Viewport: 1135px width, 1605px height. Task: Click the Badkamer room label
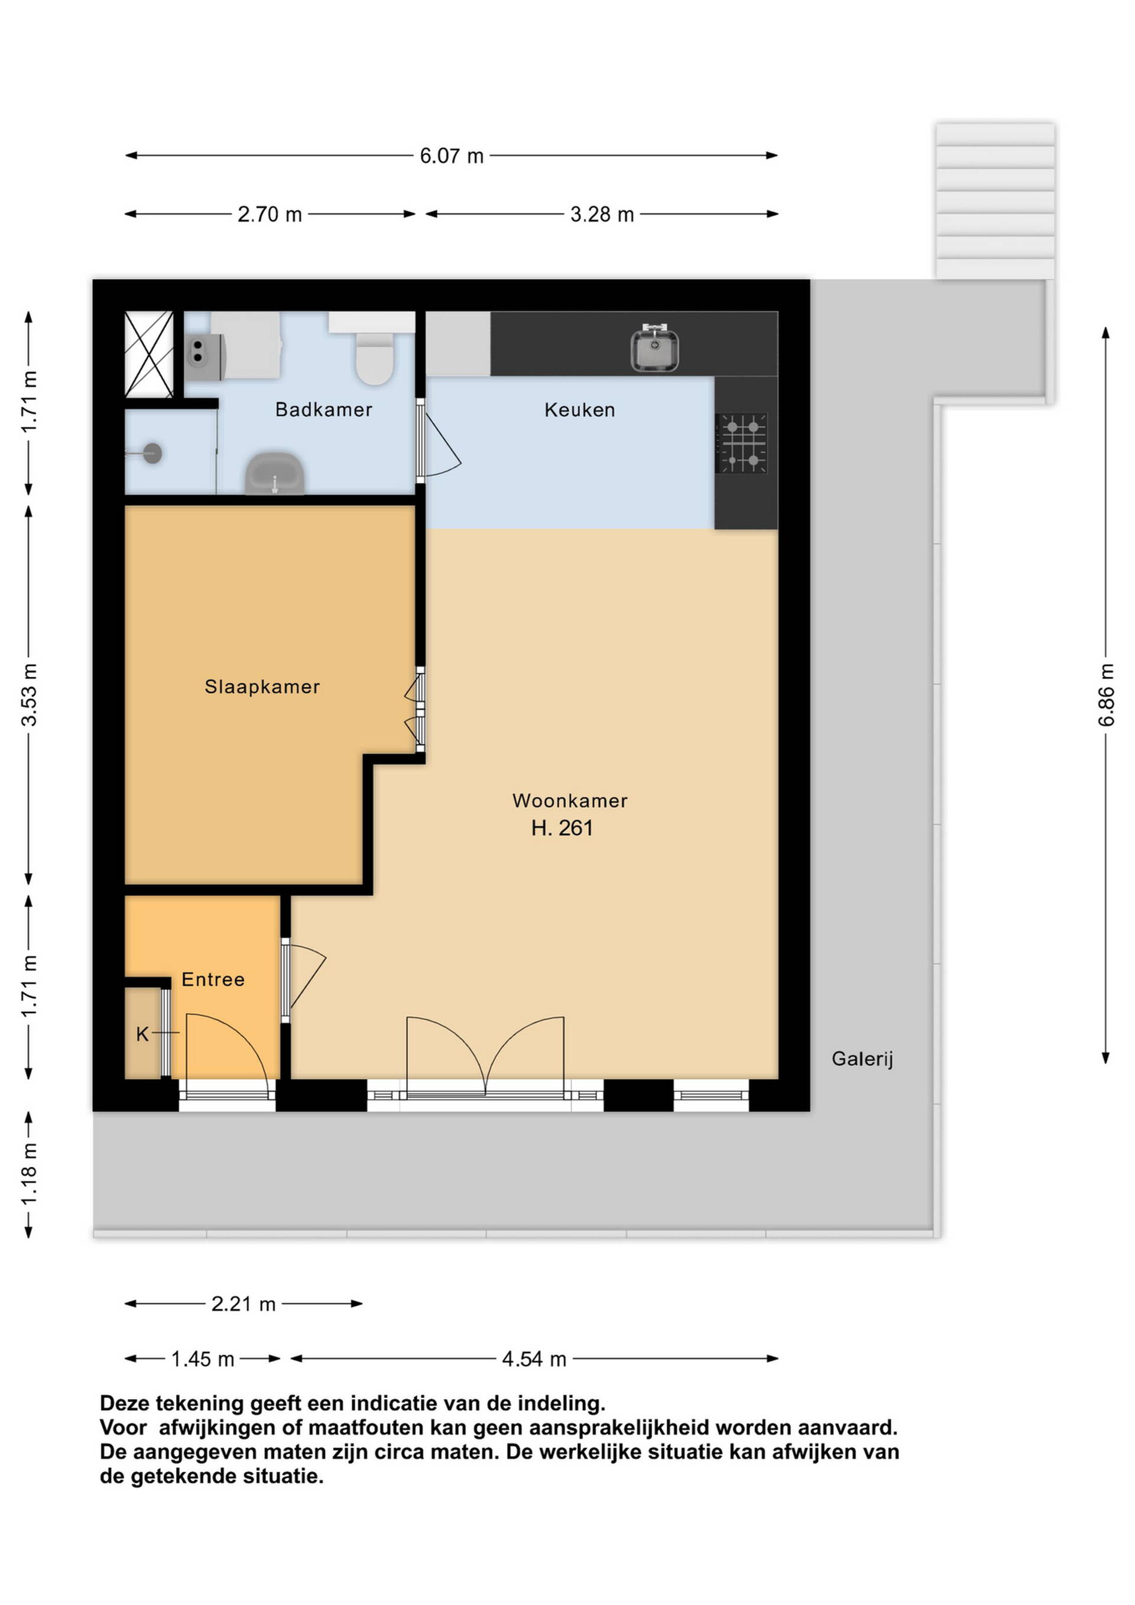click(323, 410)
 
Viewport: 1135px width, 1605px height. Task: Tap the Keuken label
click(579, 410)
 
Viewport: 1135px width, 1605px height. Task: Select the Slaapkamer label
click(262, 687)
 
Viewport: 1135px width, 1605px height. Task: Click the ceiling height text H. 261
click(562, 829)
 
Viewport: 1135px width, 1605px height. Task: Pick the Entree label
click(213, 979)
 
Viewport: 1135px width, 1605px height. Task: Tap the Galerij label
click(862, 1059)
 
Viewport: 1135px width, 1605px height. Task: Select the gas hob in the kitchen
click(741, 443)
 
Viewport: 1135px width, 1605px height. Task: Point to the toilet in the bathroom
click(375, 350)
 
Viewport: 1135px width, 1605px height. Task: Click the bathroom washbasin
click(275, 473)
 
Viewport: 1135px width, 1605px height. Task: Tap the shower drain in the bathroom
click(153, 454)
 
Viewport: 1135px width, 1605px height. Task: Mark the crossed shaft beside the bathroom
click(149, 354)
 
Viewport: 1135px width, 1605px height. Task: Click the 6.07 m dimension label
click(452, 156)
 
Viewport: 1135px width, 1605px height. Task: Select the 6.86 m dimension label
click(1105, 695)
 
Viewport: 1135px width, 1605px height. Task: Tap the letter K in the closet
click(142, 1034)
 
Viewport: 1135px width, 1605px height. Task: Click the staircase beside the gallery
click(995, 201)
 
